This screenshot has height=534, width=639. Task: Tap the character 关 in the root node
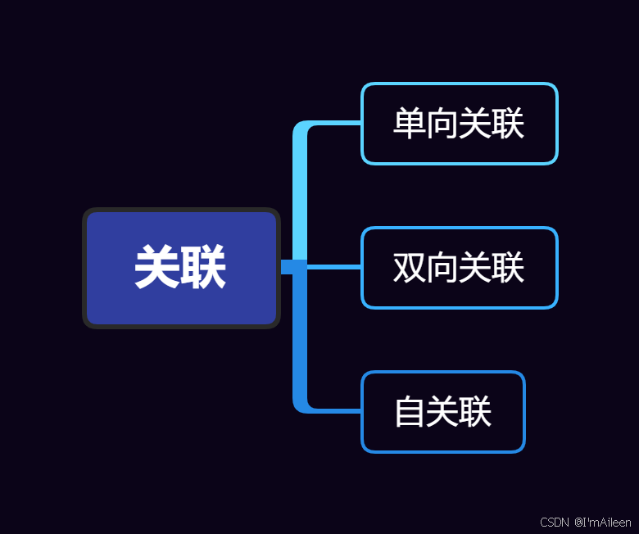tap(157, 268)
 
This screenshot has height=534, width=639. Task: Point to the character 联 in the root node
tap(204, 268)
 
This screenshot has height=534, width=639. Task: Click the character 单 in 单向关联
tap(410, 124)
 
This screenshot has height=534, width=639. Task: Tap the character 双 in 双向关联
tap(410, 268)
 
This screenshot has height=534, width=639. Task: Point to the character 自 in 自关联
tap(410, 412)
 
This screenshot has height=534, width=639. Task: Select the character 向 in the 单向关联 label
tap(442, 124)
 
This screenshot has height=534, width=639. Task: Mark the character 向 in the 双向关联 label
tap(442, 268)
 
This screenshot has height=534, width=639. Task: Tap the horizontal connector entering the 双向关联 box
tap(334, 267)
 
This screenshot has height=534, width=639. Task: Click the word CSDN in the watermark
tap(555, 522)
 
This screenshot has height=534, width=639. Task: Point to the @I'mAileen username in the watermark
tap(603, 522)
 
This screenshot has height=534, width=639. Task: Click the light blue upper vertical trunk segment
tap(300, 192)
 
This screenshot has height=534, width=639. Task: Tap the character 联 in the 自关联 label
tap(475, 412)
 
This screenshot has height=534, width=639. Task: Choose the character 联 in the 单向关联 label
tap(508, 124)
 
